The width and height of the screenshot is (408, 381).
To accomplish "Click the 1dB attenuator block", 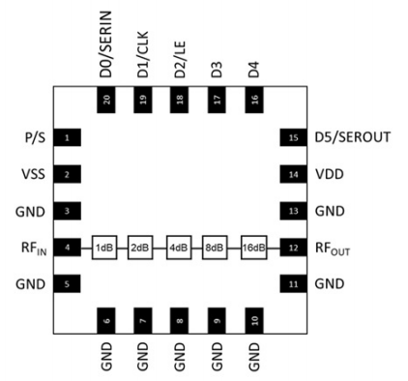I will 104,248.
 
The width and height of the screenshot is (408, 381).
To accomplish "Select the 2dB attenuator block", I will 141,248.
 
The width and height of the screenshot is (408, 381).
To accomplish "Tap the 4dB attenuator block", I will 179,248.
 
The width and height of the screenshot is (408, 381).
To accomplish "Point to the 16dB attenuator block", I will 254,248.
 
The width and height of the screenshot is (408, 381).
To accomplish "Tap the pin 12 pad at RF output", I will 291,248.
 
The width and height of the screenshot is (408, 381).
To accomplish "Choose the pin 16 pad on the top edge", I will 253,99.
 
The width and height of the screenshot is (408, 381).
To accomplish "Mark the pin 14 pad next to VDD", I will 291,175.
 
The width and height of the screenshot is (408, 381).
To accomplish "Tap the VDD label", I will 329,175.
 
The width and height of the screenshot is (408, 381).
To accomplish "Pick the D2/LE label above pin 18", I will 179,58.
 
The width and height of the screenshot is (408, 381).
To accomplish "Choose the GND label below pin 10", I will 253,359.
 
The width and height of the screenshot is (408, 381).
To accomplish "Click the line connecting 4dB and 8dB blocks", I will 197,248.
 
